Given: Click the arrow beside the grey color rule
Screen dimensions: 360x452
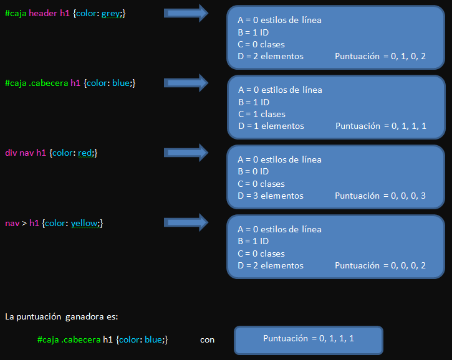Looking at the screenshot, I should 186,12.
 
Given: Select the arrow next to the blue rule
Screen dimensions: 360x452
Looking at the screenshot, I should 186,82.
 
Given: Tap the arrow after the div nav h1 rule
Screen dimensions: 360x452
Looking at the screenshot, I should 186,152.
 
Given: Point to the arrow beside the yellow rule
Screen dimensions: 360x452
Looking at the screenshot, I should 186,222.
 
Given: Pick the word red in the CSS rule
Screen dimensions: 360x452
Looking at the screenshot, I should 85,153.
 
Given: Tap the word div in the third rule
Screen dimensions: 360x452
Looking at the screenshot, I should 11,153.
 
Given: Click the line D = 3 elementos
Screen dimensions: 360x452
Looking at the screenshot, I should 271,196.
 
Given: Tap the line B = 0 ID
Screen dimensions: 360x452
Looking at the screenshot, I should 253,171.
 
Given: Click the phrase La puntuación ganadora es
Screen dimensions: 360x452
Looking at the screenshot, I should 61,316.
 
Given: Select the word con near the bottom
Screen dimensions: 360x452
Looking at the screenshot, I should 207,339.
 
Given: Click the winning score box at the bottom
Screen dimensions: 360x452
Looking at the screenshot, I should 308,339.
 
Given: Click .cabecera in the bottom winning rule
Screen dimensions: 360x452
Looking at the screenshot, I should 80,339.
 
